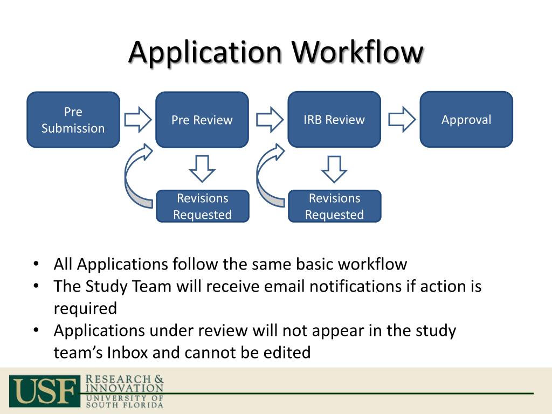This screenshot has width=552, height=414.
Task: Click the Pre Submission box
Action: coord(73,120)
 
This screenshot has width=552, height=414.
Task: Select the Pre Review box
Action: coord(202,120)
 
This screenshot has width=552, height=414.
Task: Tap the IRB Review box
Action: coord(334,120)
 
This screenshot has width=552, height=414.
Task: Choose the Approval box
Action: coord(466,120)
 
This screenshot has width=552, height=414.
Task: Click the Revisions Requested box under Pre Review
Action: coord(202,206)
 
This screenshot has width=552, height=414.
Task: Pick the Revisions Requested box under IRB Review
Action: coord(334,206)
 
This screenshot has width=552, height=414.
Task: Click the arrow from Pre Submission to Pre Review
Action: coord(138,119)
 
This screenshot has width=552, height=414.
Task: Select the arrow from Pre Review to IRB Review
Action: coord(269,119)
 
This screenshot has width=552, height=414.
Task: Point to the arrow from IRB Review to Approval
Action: coord(402,119)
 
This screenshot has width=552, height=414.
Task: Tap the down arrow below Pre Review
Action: coord(202,168)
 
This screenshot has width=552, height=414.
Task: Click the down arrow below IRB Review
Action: coord(334,168)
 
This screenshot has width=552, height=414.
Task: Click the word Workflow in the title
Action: coord(357,53)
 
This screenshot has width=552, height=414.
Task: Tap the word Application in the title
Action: coord(205,53)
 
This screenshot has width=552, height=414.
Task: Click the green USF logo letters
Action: coord(43,390)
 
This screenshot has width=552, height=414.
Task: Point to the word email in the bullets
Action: coord(285,286)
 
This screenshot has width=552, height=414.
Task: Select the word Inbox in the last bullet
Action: coord(128,353)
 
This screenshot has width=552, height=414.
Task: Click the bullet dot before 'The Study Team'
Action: coord(36,286)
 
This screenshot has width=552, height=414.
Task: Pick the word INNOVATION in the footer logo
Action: coord(125,388)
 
